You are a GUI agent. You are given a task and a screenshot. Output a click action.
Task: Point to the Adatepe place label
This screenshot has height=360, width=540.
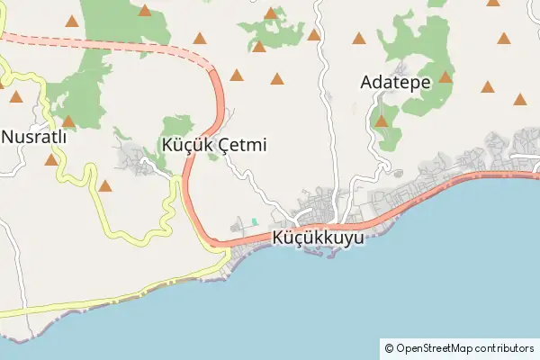pos(394,81)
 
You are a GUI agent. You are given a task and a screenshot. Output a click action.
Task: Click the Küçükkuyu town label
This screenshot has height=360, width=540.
pos(318,239)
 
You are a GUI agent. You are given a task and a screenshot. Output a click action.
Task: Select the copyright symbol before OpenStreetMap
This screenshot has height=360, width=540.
pos(389,347)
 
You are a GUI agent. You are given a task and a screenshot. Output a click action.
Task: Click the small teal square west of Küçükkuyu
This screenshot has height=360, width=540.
pos(255,221)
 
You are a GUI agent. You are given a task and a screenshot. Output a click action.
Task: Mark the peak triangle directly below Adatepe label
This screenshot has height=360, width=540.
pos(381,121)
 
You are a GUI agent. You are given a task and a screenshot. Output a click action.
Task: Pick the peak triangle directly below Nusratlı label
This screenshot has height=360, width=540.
pos(51,159)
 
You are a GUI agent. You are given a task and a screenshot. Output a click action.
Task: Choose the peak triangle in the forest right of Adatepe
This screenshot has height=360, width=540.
pos(445,77)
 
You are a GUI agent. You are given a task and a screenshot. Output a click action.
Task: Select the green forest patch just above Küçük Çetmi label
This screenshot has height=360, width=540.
pos(178,125)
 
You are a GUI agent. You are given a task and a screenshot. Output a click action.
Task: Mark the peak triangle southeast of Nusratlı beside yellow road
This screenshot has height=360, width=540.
pos(105,186)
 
